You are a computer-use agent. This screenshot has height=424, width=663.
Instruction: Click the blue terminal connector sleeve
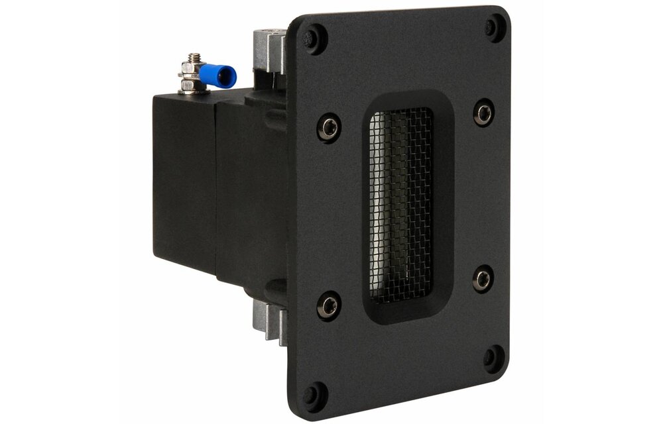tap(216, 75)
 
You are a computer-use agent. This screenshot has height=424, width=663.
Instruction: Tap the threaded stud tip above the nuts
tap(194, 58)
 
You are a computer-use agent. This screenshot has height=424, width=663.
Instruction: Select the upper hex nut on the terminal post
tap(193, 68)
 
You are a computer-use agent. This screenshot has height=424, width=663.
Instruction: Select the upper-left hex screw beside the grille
tap(329, 127)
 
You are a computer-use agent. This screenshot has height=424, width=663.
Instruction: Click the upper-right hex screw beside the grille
tap(483, 111)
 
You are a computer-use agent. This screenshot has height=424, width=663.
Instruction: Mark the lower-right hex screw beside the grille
tap(483, 278)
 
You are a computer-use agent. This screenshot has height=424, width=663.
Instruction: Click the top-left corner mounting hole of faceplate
tap(314, 38)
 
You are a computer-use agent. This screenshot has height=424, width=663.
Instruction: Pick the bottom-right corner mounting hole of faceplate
tap(494, 358)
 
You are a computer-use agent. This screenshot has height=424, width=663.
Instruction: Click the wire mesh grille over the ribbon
tap(400, 205)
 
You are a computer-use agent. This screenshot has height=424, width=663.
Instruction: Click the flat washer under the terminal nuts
tap(192, 91)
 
